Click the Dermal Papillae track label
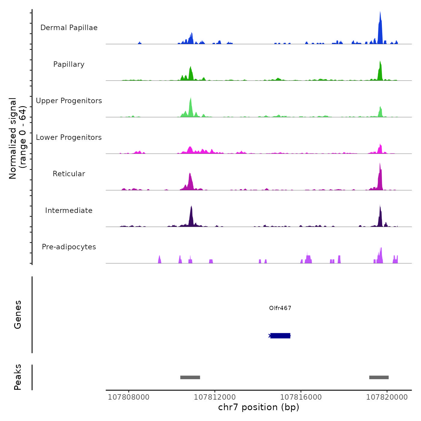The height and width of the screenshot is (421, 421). [x=69, y=28]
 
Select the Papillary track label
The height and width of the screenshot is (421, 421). [x=69, y=64]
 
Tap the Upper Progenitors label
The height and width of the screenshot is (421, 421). [x=69, y=101]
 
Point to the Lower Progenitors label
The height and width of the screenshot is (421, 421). [x=69, y=137]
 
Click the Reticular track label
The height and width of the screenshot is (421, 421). [x=69, y=174]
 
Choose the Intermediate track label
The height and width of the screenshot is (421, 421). [x=69, y=210]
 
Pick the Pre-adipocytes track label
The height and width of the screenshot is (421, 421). [x=69, y=247]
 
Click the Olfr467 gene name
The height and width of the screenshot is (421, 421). [x=280, y=308]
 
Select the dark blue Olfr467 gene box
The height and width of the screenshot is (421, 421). [x=280, y=336]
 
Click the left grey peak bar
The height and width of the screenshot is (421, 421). [x=190, y=377]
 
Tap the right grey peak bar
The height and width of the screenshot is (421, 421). [x=379, y=377]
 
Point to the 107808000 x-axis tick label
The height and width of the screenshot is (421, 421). [x=129, y=397]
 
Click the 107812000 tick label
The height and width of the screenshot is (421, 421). [x=215, y=397]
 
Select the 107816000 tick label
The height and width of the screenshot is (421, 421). [x=301, y=397]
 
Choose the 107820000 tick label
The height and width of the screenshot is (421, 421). [x=387, y=397]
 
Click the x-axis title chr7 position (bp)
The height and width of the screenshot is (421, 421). [x=259, y=407]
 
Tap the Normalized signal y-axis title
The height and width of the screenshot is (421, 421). [x=17, y=138]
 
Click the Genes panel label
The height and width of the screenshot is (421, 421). [x=18, y=315]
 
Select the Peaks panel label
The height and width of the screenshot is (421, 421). [x=18, y=377]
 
